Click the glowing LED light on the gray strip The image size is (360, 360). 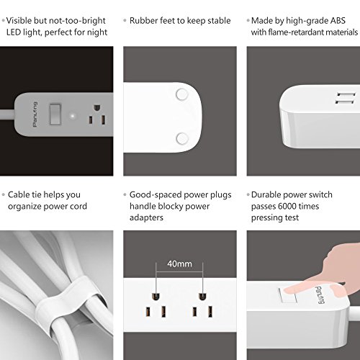coord(73,117)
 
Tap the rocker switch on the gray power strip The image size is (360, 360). coord(55,114)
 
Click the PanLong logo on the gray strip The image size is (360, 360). coord(35,114)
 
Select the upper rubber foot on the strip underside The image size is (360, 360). coord(181,94)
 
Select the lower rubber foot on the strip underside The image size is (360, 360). coord(182,138)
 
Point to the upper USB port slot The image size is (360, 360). coord(346,94)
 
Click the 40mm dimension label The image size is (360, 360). coord(179,264)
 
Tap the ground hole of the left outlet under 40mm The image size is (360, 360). coord(156,297)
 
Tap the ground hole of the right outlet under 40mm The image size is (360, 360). coord(202,297)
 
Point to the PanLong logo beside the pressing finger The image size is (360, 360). coord(319,295)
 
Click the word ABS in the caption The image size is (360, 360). coord(338,21)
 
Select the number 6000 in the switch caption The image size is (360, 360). coord(287,206)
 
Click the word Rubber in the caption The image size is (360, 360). coord(143,21)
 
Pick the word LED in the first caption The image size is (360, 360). coord(14,32)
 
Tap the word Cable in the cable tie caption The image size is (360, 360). coord(19,194)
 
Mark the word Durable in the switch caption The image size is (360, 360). coord(266,194)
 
